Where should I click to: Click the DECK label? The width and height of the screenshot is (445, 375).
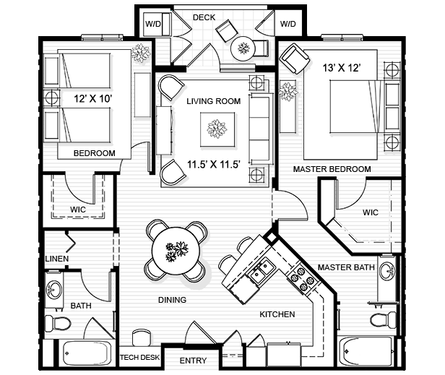[204, 17]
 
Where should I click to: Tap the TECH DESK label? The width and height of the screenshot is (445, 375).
[139, 358]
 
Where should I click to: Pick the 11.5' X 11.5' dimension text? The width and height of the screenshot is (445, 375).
[213, 164]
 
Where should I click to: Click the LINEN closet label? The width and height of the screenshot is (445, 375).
[57, 258]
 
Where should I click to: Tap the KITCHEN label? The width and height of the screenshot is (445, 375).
[277, 314]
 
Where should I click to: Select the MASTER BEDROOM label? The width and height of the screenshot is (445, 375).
[332, 169]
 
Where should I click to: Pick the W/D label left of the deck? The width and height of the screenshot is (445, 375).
[154, 24]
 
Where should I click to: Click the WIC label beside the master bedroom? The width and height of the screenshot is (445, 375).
[371, 212]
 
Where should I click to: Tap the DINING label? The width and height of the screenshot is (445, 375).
[172, 300]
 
